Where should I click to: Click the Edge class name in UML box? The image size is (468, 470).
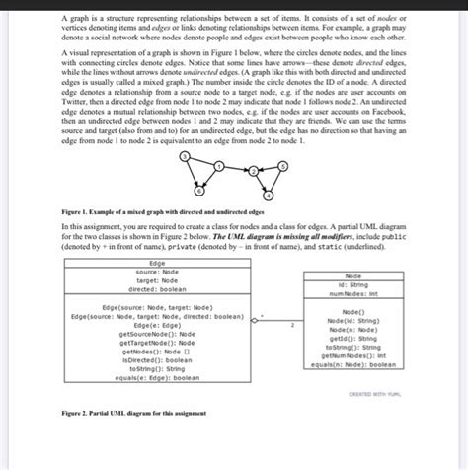click(x=156, y=264)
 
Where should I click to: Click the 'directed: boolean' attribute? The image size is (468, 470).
click(x=156, y=289)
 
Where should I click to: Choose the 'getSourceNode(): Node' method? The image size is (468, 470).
click(x=156, y=335)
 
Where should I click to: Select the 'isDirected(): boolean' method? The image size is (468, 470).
click(x=156, y=360)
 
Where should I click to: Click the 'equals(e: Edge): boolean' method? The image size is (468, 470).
click(x=156, y=377)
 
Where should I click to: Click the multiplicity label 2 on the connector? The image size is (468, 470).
click(x=291, y=323)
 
